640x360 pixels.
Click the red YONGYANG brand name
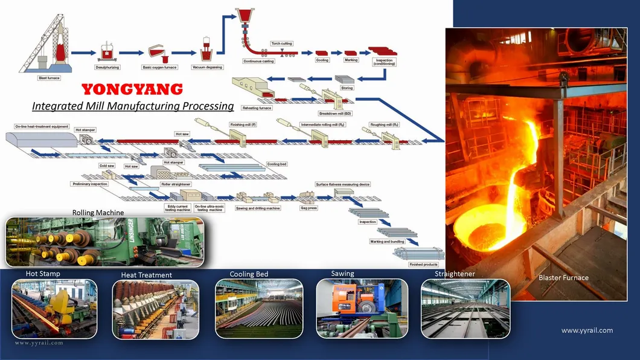[132, 90]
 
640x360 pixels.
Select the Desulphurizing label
[108, 67]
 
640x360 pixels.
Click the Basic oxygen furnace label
[159, 67]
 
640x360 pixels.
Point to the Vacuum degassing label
[207, 67]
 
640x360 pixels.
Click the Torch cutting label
[281, 43]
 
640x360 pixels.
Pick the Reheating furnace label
[257, 108]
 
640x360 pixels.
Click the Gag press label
[309, 208]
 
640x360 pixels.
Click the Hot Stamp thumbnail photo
[54, 308]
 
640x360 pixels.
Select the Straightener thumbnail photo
[465, 308]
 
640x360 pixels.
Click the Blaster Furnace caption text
[563, 278]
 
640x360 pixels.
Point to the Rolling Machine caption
[98, 213]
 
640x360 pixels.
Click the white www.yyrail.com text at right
[587, 330]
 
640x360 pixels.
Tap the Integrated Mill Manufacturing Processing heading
[132, 106]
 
